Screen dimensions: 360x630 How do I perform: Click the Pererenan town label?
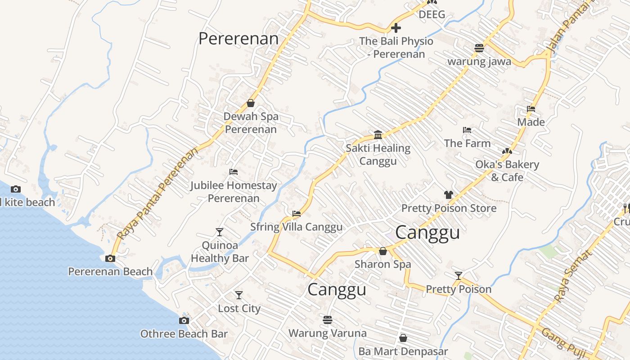[238, 39]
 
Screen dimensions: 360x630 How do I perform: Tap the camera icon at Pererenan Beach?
[110, 258]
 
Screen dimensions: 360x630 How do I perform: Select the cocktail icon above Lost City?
[239, 295]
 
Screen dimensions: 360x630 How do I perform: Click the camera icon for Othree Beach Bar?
[184, 320]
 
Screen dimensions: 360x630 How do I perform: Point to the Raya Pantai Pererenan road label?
[157, 194]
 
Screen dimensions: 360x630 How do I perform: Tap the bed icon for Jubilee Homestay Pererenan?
[233, 172]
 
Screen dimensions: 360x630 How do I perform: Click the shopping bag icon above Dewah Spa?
[251, 103]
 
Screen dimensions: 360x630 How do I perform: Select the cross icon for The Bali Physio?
[396, 28]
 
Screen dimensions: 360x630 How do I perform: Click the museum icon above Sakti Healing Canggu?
[378, 135]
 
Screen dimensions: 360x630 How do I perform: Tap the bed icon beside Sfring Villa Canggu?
[296, 214]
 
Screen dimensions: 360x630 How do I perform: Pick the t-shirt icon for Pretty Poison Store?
[448, 195]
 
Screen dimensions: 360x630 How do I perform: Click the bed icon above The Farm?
[467, 130]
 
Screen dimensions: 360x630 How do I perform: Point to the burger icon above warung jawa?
[479, 48]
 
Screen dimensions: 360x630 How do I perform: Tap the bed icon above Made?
[531, 109]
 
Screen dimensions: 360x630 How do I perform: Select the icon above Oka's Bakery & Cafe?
[507, 151]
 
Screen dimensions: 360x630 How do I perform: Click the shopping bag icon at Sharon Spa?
[383, 251]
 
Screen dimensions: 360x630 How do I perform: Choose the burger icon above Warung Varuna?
[328, 319]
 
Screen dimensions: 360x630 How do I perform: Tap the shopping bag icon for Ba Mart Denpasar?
[403, 337]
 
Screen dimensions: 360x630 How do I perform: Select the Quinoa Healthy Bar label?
[220, 252]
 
